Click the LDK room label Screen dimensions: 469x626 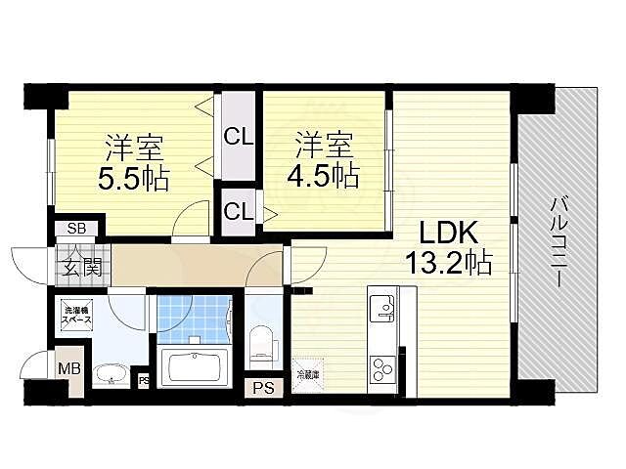point(448,234)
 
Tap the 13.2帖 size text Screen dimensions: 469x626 point(450,262)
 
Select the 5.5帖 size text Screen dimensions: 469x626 point(134,179)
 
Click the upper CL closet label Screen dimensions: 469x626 point(238,136)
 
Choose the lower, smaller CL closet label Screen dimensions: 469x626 point(238,210)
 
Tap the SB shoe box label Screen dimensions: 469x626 point(75,229)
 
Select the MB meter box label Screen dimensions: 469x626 point(67,368)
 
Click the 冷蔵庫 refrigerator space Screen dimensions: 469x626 point(307,372)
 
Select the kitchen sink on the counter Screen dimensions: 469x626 point(383,309)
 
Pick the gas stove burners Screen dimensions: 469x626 point(382,368)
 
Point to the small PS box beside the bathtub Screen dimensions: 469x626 point(143,381)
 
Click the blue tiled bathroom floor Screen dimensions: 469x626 point(192,315)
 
